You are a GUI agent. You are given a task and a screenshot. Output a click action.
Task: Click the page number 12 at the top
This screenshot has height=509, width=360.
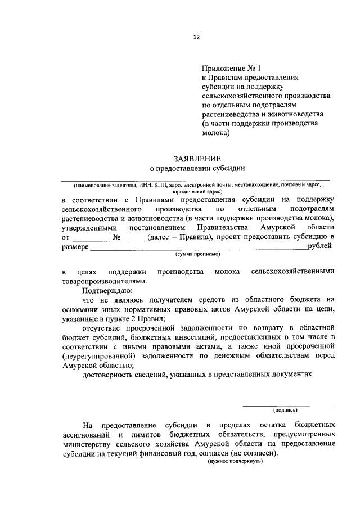tap(196, 37)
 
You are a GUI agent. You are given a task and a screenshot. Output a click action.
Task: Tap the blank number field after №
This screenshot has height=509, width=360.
tap(133, 238)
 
